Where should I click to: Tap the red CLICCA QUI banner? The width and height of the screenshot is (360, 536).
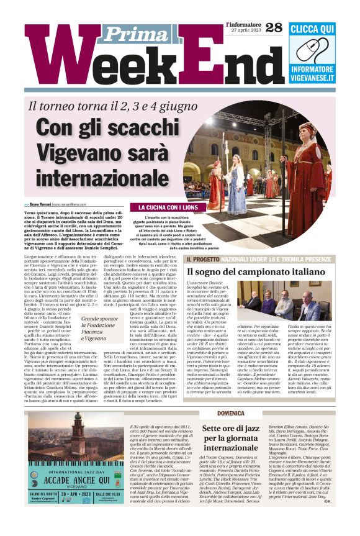[312, 30]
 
